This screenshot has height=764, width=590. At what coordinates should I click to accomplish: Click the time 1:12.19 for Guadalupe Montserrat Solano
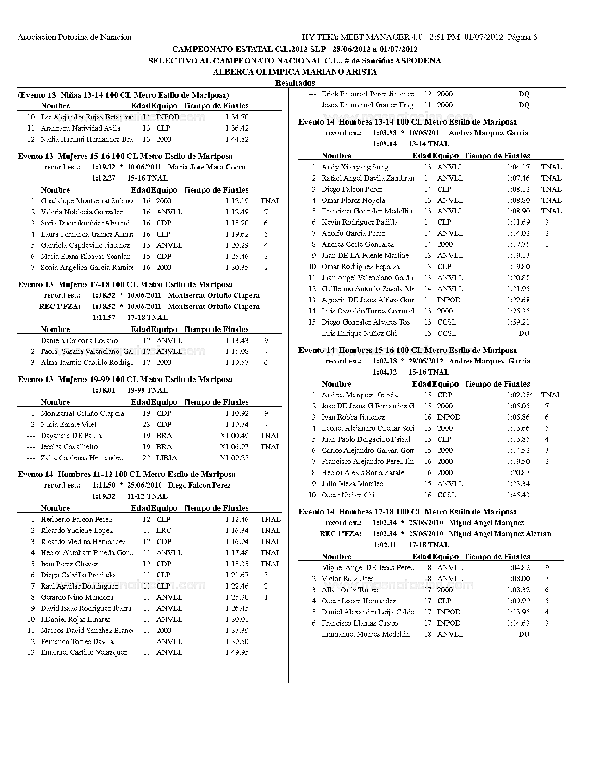click(237, 201)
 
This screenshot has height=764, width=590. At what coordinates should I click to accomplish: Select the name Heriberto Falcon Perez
click(76, 520)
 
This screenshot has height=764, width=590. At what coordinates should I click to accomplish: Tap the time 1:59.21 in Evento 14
click(518, 322)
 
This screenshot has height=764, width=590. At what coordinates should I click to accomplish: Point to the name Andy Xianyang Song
click(355, 167)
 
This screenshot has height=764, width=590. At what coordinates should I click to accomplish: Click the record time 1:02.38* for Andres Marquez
click(520, 395)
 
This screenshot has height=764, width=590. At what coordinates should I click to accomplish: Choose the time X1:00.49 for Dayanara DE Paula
click(234, 436)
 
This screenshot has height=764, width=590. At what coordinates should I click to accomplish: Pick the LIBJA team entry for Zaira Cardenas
click(167, 458)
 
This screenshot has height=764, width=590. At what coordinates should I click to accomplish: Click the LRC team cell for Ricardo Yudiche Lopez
click(164, 531)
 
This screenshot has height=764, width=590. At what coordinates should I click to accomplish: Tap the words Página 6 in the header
click(522, 37)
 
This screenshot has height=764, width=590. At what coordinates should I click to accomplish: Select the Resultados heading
click(295, 83)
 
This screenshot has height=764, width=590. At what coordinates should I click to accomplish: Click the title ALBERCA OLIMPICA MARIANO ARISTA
click(295, 72)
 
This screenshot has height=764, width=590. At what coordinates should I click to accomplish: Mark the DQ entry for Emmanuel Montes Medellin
click(524, 634)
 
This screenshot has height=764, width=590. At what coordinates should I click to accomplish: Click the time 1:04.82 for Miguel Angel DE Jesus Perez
click(518, 568)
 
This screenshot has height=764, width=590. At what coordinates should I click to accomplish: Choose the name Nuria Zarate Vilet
click(68, 425)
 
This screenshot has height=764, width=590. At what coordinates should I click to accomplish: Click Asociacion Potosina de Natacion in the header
click(75, 37)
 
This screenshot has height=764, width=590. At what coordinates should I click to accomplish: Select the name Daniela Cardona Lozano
click(79, 341)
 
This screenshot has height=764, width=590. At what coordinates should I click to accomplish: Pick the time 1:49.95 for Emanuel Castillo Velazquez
click(237, 652)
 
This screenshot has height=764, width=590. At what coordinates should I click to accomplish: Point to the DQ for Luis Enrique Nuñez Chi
click(524, 333)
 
